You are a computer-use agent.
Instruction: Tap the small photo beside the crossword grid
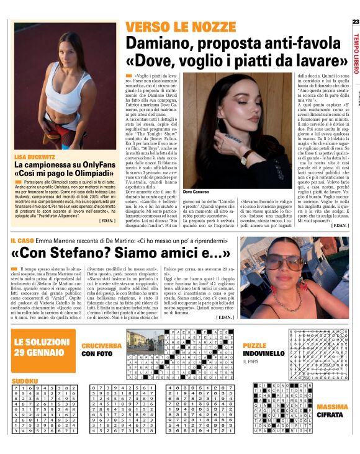click(x=138, y=340)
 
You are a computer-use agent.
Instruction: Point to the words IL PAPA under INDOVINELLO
click(x=251, y=361)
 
